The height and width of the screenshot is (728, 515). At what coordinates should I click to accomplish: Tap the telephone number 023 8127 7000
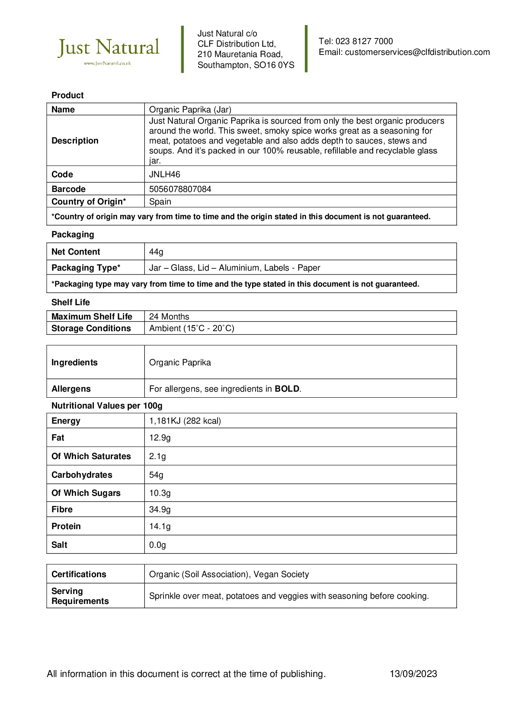[x=364, y=42]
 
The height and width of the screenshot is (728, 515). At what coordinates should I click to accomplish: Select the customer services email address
[x=417, y=52]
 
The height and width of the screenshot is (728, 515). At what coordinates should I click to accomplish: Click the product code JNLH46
[x=165, y=175]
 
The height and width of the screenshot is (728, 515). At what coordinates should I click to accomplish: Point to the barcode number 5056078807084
[x=180, y=189]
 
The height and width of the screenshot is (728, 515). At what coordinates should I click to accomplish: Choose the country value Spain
[x=160, y=202]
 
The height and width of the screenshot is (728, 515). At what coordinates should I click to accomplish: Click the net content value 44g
[x=156, y=252]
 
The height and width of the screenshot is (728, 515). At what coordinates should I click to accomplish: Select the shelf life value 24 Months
[x=169, y=317]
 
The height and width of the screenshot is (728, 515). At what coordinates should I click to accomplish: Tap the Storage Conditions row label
[x=91, y=329]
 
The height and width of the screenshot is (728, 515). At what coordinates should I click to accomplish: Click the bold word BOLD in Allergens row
[x=287, y=389]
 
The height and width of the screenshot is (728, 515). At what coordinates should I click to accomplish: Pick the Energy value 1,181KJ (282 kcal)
[x=185, y=421]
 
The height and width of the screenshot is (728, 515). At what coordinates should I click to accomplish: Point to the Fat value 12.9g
[x=160, y=438]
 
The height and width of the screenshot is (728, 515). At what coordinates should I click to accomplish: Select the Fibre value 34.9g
[x=160, y=510]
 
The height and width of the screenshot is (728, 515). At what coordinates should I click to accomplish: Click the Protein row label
[x=66, y=527]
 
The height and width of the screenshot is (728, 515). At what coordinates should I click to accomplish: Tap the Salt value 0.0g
[x=157, y=545]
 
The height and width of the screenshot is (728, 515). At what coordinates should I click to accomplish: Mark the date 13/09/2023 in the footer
[x=413, y=674]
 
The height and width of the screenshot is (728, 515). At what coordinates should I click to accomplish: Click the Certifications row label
[x=79, y=575]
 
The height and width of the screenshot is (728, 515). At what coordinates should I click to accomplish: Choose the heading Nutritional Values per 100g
[x=107, y=406]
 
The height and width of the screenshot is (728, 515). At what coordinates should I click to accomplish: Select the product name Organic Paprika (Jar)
[x=190, y=110]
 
